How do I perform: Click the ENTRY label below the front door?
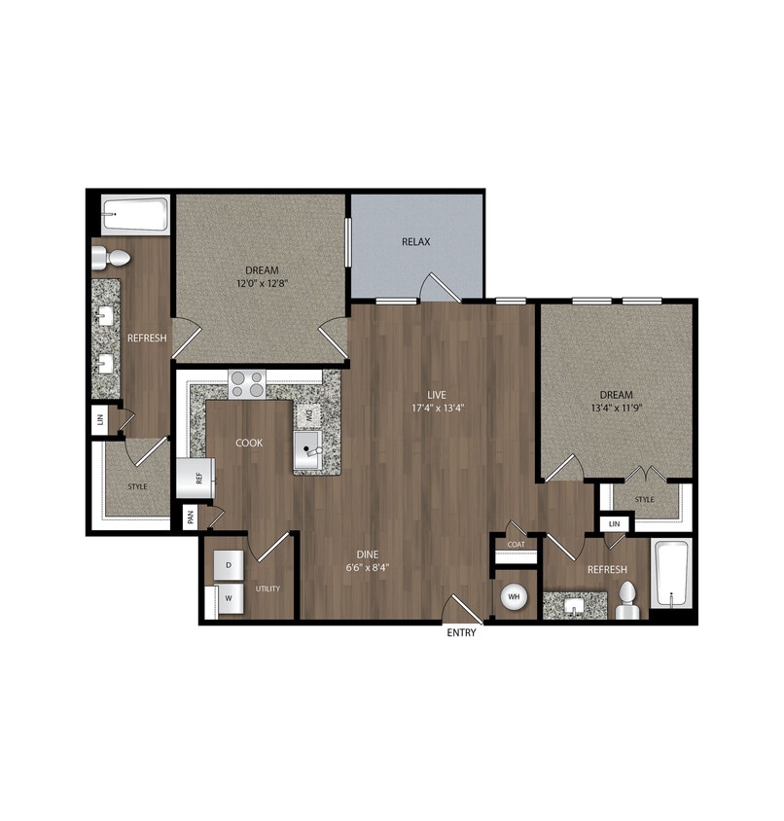462,633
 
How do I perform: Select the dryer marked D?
230,565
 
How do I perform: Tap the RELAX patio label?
415,242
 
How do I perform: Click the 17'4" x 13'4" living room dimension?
436,408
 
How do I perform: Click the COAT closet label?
516,545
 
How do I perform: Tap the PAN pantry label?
191,518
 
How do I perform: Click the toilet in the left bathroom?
112,258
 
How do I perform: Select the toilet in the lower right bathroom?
628,600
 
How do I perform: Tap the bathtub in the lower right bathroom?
671,574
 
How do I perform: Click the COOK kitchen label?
248,443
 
